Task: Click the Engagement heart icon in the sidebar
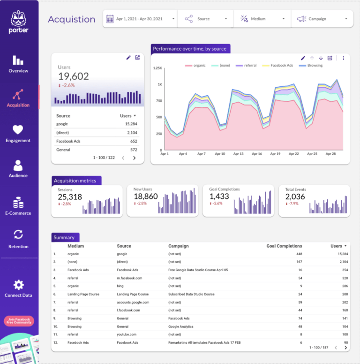(18, 129)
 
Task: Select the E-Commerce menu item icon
(18, 203)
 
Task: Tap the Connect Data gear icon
(18, 285)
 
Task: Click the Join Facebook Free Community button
(19, 321)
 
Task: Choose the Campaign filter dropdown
(322, 19)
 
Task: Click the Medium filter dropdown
(263, 19)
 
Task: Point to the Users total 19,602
(74, 76)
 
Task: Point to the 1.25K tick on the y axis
(157, 68)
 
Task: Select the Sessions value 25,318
(70, 197)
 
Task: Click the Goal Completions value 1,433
(219, 197)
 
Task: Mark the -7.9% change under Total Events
(292, 204)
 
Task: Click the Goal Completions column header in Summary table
(284, 246)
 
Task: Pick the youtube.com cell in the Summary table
(127, 334)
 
